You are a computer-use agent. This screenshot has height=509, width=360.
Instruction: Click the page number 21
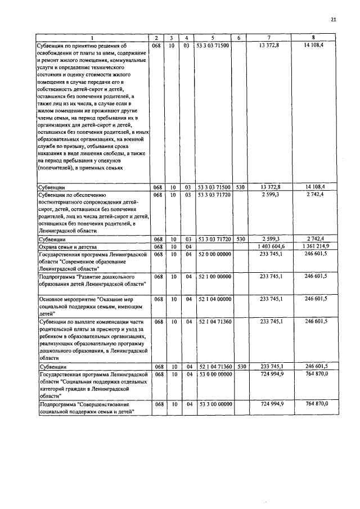pos(333,20)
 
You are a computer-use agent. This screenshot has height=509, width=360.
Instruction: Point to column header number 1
pos(93,38)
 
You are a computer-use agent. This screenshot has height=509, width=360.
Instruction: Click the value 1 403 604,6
pos(272,246)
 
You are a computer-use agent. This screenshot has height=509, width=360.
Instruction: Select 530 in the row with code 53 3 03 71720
pos(240,239)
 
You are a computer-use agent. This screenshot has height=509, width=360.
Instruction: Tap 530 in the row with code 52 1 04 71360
pos(240,366)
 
